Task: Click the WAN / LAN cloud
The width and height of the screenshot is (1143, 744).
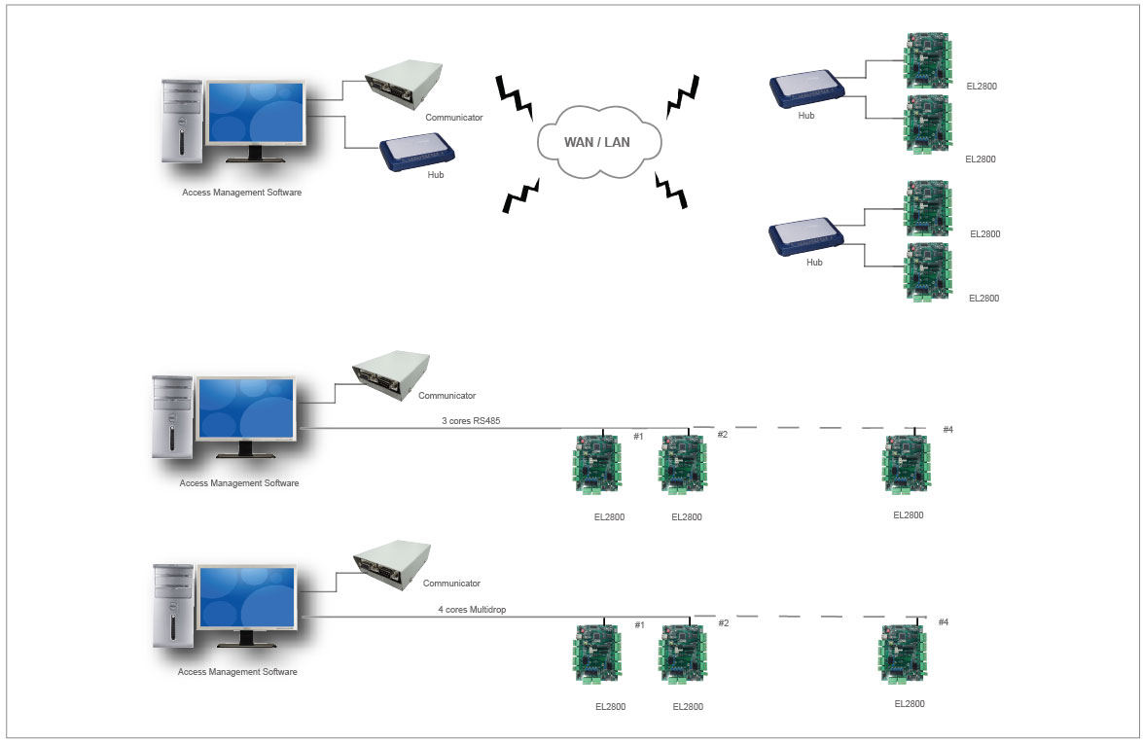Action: (596, 143)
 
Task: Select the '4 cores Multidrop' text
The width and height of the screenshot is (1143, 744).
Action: (472, 610)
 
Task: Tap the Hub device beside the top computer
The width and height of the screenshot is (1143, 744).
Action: (418, 151)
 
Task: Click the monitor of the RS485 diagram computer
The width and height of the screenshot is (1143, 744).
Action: (245, 411)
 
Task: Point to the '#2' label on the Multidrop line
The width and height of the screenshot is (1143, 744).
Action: (723, 623)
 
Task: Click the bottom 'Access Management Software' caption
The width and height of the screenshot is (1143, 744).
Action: (238, 672)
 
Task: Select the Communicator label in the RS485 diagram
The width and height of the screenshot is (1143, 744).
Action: (446, 396)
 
